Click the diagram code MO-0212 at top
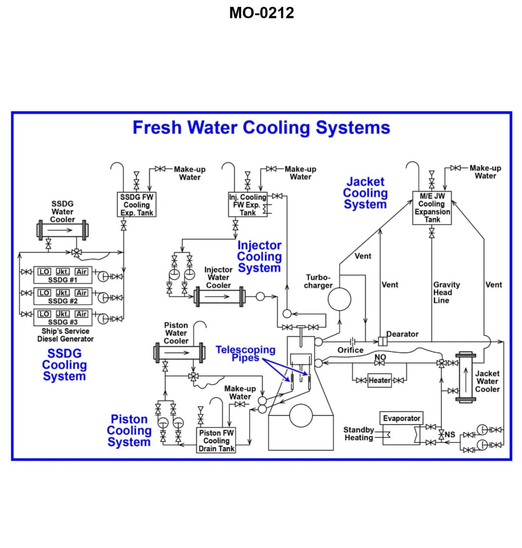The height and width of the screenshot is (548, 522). pyautogui.click(x=261, y=13)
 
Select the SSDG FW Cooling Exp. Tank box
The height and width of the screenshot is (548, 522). pyautogui.click(x=137, y=205)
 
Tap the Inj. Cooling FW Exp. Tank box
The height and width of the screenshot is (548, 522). pyautogui.click(x=248, y=205)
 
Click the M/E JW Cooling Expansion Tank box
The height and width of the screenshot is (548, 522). pyautogui.click(x=432, y=208)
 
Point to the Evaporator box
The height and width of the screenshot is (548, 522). pyautogui.click(x=401, y=419)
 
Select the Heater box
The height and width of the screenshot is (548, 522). pyautogui.click(x=380, y=380)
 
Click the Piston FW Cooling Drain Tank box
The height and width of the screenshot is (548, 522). pyautogui.click(x=216, y=441)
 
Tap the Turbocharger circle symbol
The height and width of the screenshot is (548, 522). pyautogui.click(x=339, y=299)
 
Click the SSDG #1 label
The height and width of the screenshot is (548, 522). pyautogui.click(x=63, y=280)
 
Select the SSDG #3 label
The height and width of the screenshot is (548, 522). pyautogui.click(x=63, y=322)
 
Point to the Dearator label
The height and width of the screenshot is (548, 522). pyautogui.click(x=403, y=334)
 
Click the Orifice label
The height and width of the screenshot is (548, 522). pyautogui.click(x=350, y=350)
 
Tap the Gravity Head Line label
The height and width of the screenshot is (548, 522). pyautogui.click(x=446, y=292)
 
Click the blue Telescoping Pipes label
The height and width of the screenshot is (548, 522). pyautogui.click(x=246, y=353)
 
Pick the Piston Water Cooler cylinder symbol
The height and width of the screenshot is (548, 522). pyautogui.click(x=179, y=352)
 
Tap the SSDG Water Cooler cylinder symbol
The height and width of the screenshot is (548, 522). pyautogui.click(x=62, y=230)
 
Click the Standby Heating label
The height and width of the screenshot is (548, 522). pyautogui.click(x=359, y=434)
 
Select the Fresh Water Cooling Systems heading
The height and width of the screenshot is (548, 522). pyautogui.click(x=261, y=128)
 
